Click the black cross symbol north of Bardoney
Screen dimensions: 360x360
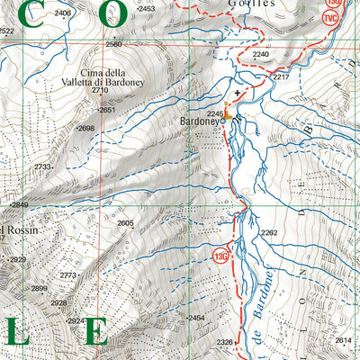tap(238, 93)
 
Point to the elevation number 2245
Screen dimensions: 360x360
tap(215, 113)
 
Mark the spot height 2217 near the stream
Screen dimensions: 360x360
tap(281, 77)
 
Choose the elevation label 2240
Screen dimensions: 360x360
tap(260, 55)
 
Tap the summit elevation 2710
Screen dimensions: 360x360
tap(100, 91)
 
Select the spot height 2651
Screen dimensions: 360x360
tap(107, 110)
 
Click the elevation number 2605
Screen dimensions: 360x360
tap(125, 223)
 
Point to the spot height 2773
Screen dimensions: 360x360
tap(68, 274)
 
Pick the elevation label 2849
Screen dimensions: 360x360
tap(19, 205)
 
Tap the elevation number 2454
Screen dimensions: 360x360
tap(196, 319)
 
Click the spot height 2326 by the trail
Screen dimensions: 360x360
tap(225, 342)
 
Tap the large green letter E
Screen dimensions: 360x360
tap(96, 331)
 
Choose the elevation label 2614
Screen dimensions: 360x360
tap(343, 340)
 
